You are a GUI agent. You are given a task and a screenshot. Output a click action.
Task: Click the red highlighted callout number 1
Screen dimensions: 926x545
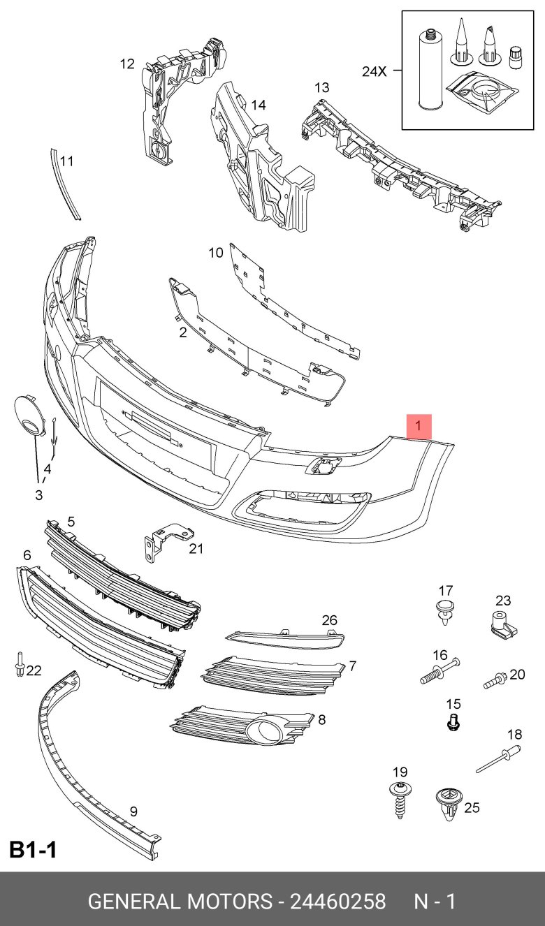419,426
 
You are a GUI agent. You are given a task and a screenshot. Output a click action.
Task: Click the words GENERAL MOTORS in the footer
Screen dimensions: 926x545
180,901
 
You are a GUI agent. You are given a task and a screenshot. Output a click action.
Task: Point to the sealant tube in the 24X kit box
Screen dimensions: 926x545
428,69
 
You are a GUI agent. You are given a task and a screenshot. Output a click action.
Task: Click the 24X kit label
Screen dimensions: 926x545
375,71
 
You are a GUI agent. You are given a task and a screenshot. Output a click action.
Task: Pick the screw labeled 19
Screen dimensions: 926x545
400,800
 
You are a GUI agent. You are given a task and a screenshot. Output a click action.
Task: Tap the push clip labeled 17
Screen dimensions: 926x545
444,611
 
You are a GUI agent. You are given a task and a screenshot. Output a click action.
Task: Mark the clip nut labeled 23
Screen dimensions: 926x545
502,624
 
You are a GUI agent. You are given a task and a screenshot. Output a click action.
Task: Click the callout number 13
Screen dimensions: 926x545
321,88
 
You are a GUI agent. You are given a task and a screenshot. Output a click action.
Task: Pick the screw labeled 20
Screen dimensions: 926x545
495,678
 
